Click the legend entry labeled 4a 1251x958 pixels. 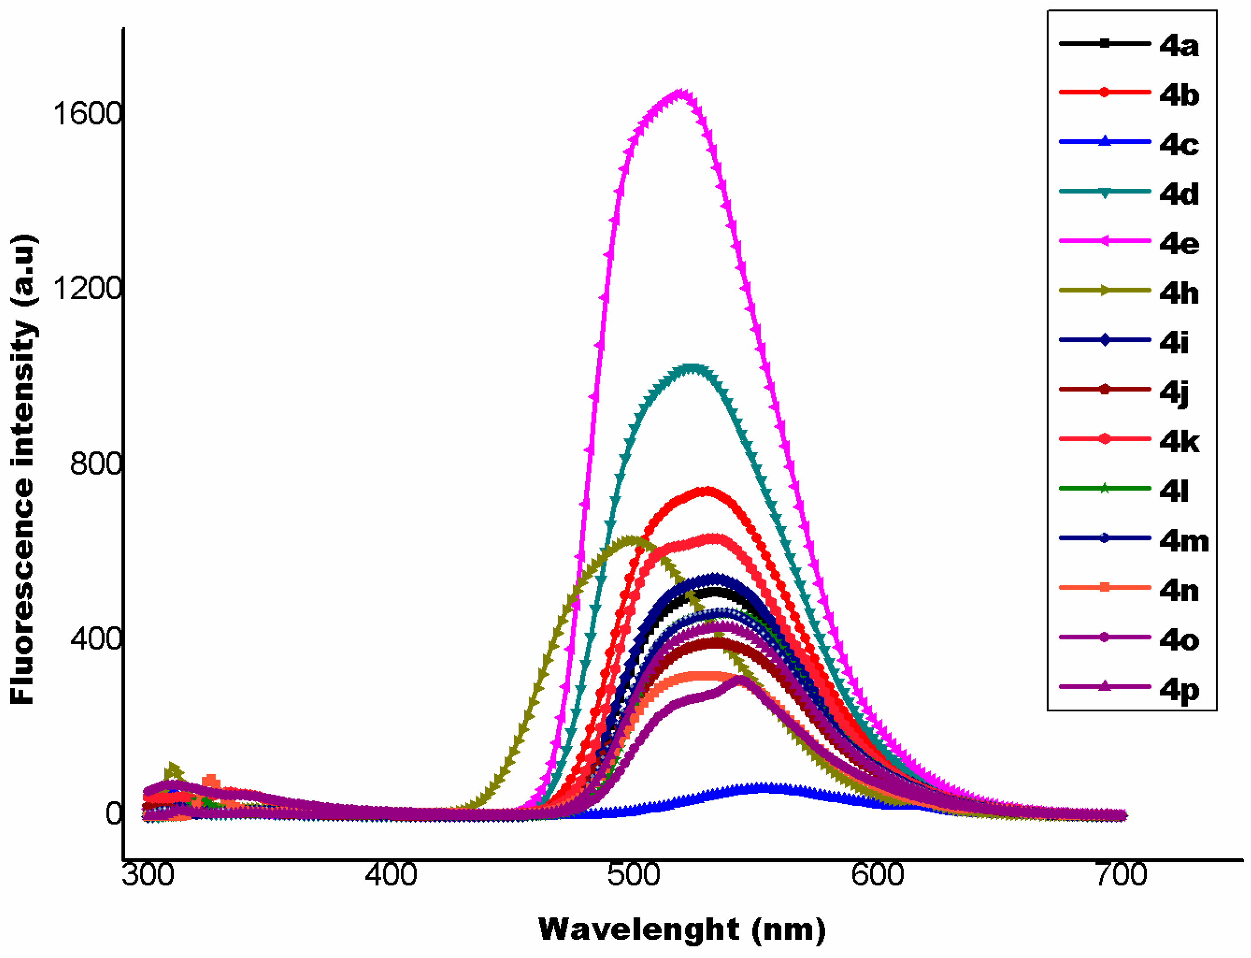coord(1178,45)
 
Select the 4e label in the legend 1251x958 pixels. coord(1178,244)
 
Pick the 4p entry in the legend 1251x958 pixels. coord(1178,690)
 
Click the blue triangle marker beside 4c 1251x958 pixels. coord(1104,142)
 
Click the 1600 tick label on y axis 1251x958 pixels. coord(87,114)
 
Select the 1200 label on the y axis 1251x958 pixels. coord(87,288)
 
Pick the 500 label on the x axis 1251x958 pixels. coord(634,875)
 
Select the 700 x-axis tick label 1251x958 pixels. coord(1121,875)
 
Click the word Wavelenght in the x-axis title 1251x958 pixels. coord(639,930)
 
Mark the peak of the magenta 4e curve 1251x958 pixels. coord(679,93)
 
